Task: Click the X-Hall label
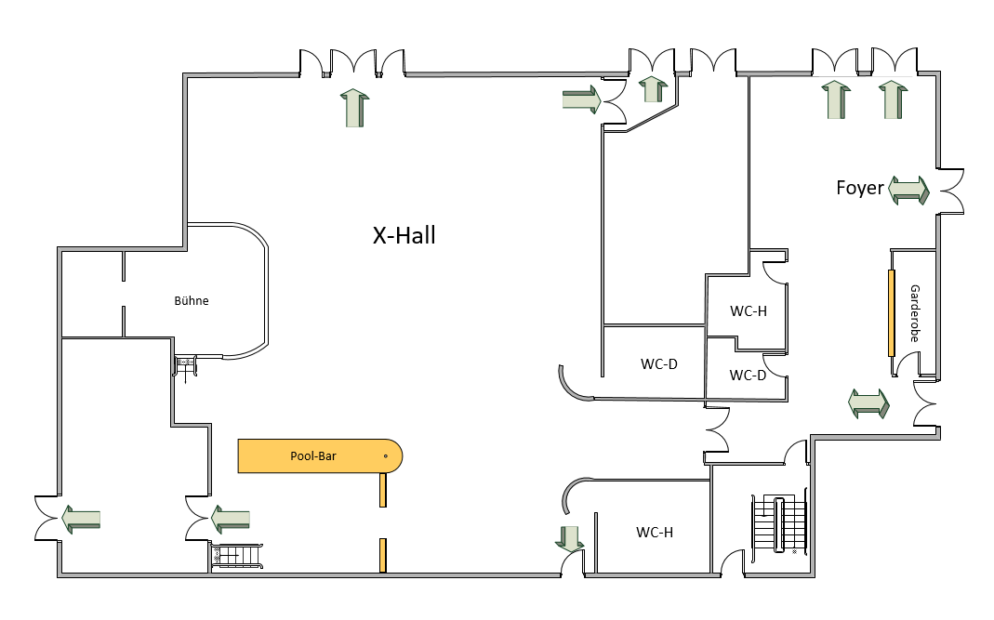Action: [404, 236]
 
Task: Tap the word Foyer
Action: [859, 188]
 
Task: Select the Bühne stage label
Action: [192, 301]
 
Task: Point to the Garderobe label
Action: [914, 313]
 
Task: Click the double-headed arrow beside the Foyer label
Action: [908, 191]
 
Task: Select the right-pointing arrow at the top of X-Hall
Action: [581, 99]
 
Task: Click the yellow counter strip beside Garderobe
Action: [891, 313]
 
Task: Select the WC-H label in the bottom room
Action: [655, 533]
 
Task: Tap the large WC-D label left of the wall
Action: [658, 363]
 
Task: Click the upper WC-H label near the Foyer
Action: [748, 311]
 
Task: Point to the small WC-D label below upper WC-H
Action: [748, 376]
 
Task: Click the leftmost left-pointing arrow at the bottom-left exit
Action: [81, 518]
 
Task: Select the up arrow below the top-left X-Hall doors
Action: [353, 107]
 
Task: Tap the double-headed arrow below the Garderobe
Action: [869, 403]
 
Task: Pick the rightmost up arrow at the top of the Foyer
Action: [892, 99]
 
